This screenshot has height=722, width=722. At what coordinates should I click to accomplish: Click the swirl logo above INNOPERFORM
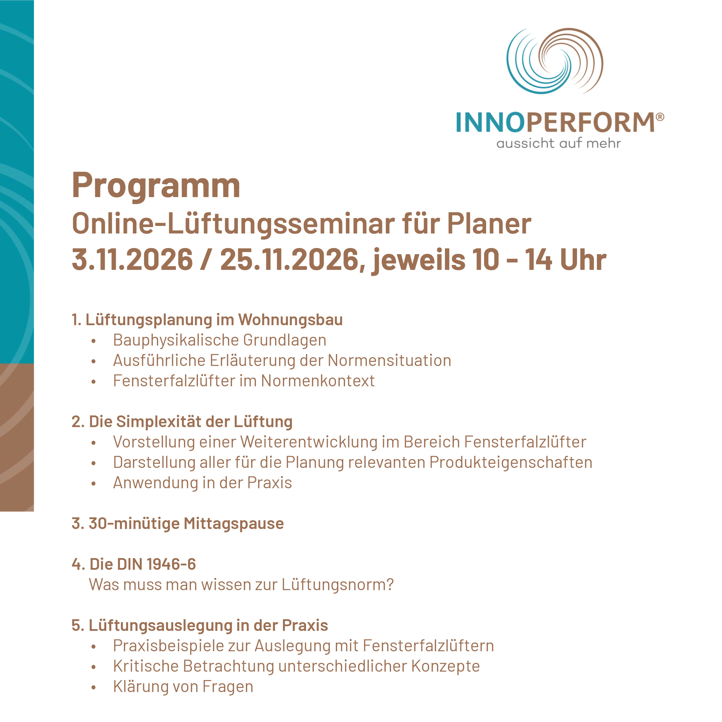point(555,61)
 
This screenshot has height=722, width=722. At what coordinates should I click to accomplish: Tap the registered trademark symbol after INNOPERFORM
point(660,117)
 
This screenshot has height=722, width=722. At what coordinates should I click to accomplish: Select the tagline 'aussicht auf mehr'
point(559,143)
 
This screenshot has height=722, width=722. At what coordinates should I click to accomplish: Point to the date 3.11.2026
point(132,259)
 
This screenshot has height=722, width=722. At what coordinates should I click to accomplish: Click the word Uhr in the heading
point(583,259)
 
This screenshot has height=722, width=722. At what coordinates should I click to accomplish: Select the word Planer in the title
point(489,224)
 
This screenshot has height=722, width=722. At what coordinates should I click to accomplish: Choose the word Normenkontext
point(318,381)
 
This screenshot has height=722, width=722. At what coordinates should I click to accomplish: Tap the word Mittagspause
point(234,523)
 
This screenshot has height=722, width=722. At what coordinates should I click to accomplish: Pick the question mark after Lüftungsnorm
point(390,585)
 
